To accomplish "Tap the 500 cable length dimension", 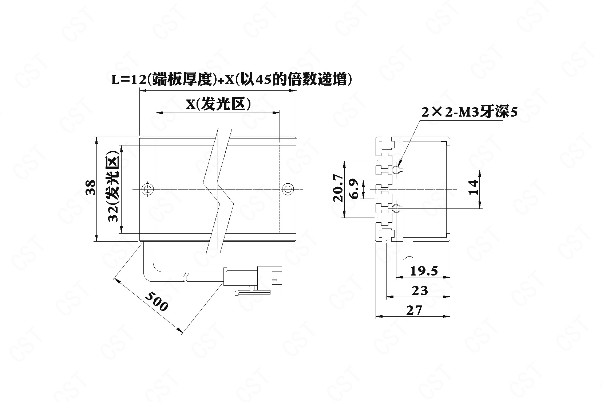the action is pyautogui.click(x=157, y=301).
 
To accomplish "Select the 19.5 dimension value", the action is pyautogui.click(x=424, y=271).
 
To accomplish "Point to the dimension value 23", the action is pyautogui.click(x=420, y=290).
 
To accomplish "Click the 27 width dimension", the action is pyautogui.click(x=414, y=311).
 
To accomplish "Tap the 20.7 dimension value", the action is pyautogui.click(x=338, y=188).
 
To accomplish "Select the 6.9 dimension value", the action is pyautogui.click(x=355, y=188).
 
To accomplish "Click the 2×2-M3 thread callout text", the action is pyautogui.click(x=469, y=112).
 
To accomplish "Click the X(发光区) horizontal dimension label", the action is pyautogui.click(x=218, y=104).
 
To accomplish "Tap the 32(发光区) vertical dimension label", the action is pyautogui.click(x=113, y=189).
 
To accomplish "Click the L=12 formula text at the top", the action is pyautogui.click(x=231, y=80).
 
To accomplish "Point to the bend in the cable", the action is pyautogui.click(x=148, y=271).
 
